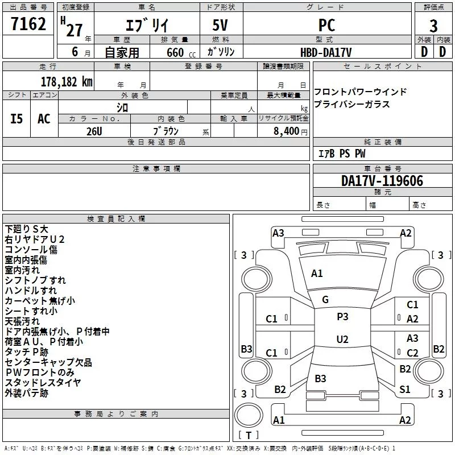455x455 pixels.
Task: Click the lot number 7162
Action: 28,23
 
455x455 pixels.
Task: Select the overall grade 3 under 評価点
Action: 433,26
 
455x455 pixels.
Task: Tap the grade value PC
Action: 327,25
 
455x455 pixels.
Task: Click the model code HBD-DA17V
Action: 326,52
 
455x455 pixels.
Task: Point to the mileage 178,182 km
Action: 67,81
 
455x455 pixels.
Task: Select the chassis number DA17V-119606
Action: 382,180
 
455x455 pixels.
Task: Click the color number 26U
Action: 94,131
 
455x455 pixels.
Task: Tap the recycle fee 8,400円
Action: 291,131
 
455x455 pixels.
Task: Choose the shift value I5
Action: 16,119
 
